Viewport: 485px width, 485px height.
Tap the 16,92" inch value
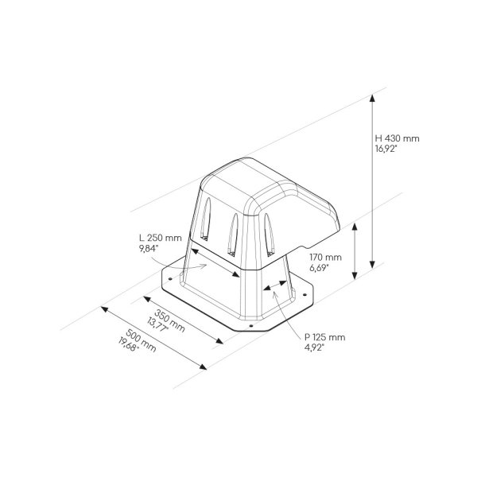pos(390,148)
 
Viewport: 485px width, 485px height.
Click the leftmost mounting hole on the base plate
pos(169,279)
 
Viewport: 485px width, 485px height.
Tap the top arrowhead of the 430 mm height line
pos(371,97)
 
